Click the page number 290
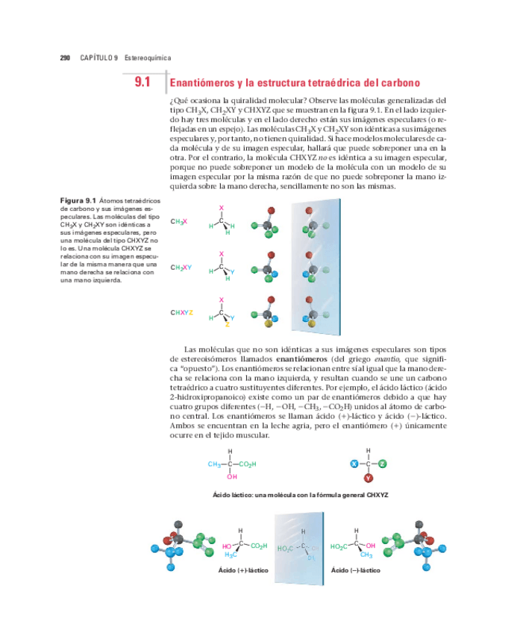[65, 57]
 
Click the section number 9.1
[142, 82]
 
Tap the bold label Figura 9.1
[78, 200]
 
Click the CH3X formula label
[178, 221]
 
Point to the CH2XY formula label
[181, 267]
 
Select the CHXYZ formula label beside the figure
[182, 312]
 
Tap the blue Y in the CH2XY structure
[232, 273]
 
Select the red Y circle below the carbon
[369, 478]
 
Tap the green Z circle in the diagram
[382, 464]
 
